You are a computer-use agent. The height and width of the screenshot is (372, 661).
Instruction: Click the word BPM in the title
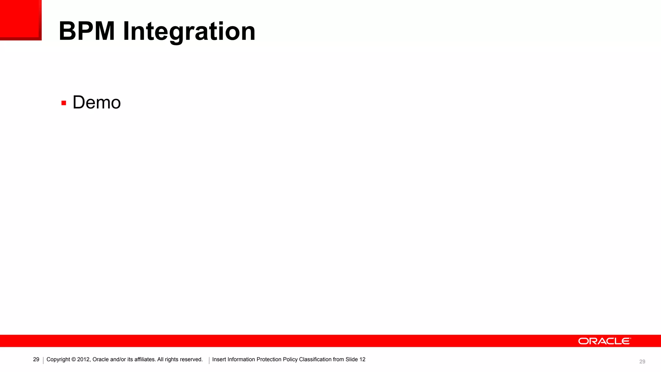86,31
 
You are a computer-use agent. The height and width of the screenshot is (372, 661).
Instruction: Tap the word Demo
97,103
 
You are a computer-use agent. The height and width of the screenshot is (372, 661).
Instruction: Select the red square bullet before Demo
64,103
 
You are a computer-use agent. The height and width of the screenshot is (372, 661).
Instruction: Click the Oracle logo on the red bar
604,341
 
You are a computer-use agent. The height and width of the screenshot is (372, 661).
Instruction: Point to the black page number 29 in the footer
36,359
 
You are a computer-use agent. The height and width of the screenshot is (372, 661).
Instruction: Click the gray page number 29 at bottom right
642,362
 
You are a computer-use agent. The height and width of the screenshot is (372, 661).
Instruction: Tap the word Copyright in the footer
58,359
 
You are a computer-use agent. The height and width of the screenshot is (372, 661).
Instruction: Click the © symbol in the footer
74,359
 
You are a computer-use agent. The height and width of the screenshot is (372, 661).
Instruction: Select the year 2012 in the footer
84,359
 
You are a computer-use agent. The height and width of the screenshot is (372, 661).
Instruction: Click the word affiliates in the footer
144,359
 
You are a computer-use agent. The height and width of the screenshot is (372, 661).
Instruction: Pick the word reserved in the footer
191,359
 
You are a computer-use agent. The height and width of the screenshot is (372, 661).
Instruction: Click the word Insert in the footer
219,359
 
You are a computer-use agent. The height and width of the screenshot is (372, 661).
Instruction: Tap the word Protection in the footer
269,359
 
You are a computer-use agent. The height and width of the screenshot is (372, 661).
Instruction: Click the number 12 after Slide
362,359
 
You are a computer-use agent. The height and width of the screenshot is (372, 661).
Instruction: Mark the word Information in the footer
241,359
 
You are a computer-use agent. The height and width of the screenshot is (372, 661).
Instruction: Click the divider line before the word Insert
209,360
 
